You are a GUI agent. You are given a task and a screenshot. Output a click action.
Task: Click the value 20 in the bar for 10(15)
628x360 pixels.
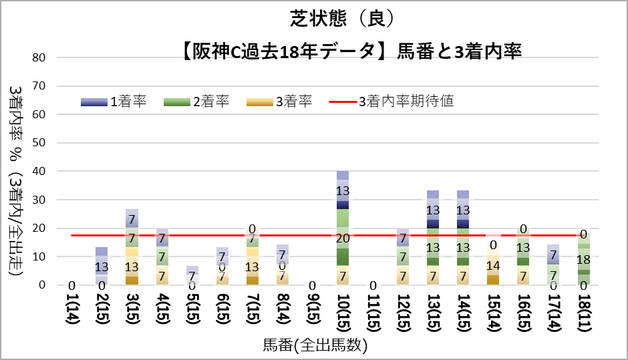tap(343, 238)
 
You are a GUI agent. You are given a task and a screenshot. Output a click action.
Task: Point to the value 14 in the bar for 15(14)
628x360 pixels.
tap(494, 264)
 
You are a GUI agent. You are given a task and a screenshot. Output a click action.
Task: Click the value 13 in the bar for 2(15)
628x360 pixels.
tap(101, 266)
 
